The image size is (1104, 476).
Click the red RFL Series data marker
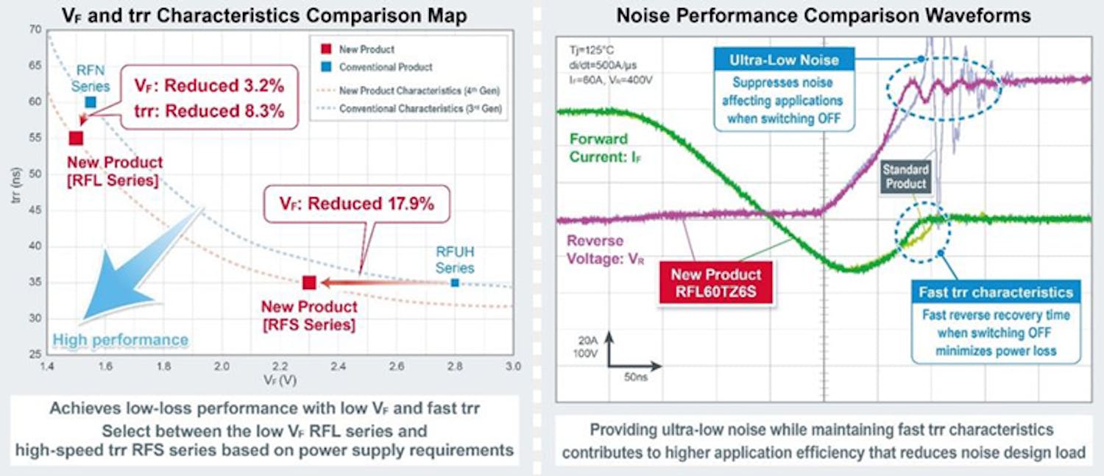[x=76, y=138]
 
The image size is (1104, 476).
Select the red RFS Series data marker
[x=309, y=283]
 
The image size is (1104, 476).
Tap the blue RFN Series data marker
[x=90, y=102]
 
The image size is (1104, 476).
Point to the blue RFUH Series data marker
[x=455, y=283]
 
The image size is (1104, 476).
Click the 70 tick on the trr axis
[x=35, y=30]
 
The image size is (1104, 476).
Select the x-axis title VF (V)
[x=278, y=383]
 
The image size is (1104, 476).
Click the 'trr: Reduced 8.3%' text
[x=209, y=112]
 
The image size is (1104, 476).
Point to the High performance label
[x=121, y=340]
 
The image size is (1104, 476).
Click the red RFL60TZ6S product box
[x=715, y=283]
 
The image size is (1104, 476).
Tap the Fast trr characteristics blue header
[x=996, y=292]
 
